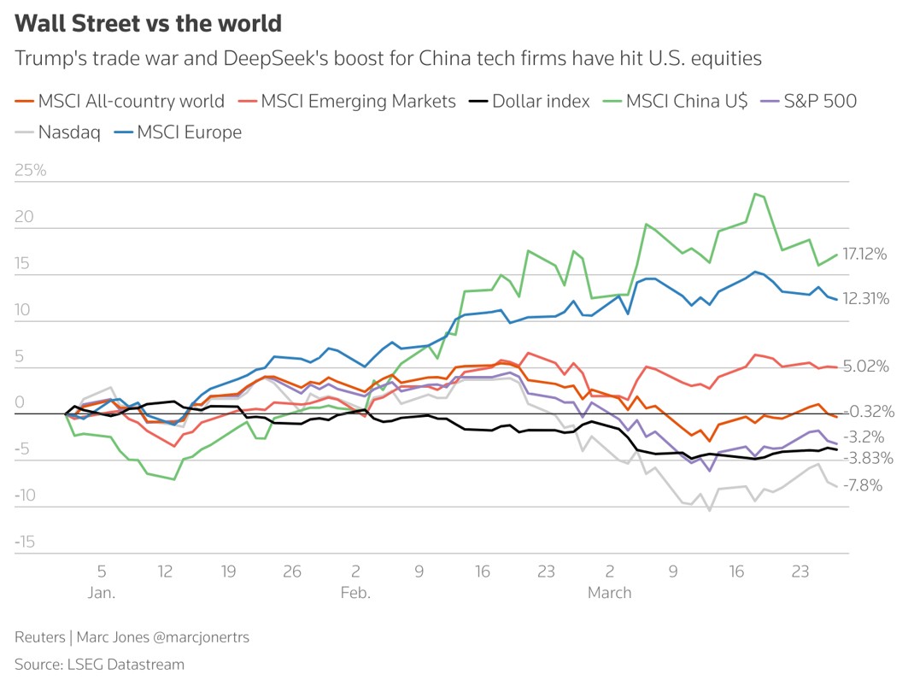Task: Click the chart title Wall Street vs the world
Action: click(x=149, y=23)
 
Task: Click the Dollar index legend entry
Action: click(x=530, y=101)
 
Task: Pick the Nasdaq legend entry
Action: click(x=58, y=132)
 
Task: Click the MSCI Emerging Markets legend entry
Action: click(x=348, y=101)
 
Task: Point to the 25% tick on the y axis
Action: click(x=30, y=170)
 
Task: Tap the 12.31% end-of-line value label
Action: click(x=865, y=298)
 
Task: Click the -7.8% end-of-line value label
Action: click(x=863, y=485)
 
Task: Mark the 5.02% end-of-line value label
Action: click(x=865, y=366)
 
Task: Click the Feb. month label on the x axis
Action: click(x=354, y=593)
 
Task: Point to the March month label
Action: click(x=609, y=593)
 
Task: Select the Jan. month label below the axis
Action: click(x=101, y=593)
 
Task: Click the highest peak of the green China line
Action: click(x=755, y=194)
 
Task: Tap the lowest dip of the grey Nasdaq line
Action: click(x=709, y=510)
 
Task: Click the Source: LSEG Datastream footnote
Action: click(x=99, y=664)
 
